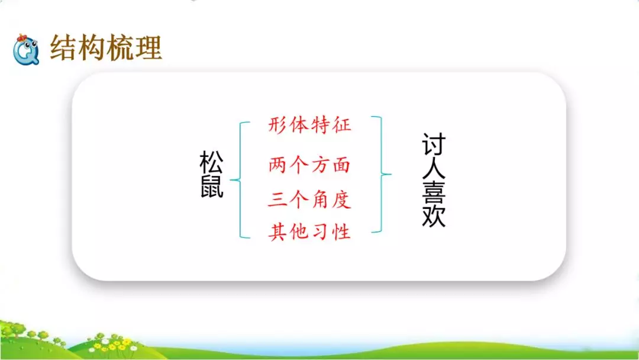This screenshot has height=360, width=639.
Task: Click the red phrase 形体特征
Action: tap(309, 126)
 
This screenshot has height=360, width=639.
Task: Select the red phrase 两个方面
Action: tap(309, 165)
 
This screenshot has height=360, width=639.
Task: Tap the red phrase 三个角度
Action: tap(309, 199)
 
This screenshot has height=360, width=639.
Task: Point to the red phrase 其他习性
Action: tap(309, 232)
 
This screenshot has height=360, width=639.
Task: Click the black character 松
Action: tap(212, 162)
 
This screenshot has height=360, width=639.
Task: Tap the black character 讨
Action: tap(434, 144)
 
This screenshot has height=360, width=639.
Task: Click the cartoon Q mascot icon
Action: tap(26, 49)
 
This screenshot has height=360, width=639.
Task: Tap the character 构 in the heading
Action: tap(92, 48)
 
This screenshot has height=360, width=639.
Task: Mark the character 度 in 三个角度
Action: tap(341, 199)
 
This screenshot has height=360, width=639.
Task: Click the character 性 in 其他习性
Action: tap(341, 232)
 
